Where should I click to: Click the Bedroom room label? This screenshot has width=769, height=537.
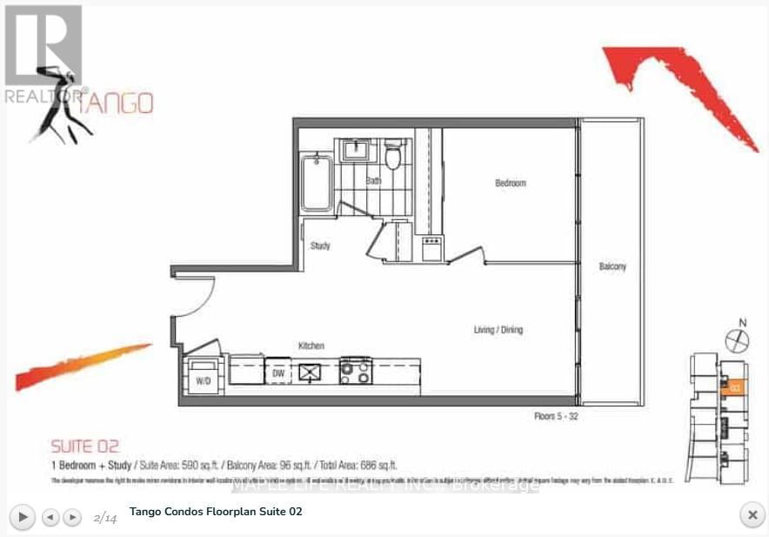pos(511,184)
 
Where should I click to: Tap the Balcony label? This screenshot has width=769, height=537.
pos(612,266)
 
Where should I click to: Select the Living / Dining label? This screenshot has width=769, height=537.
pos(498,330)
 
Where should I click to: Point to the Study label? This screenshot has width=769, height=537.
pos(320,246)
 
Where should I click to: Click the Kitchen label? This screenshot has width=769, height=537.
pos(311,346)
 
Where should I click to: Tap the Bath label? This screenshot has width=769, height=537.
pos(373,181)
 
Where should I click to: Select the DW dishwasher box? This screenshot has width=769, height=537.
pos(278,372)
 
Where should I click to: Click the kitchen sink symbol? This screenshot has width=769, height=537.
pos(311,372)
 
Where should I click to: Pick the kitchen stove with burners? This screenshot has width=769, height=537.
pos(355,371)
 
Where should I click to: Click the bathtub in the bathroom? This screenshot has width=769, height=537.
pos(316,183)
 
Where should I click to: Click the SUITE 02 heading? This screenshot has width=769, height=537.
pos(85,447)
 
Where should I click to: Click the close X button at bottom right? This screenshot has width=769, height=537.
pos(751,515)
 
